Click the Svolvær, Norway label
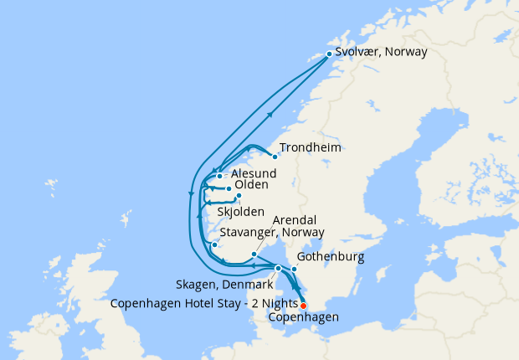[x=381, y=52]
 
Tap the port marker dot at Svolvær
[x=330, y=54]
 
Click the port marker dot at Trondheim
[x=275, y=156]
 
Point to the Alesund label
[x=253, y=172]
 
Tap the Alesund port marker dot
[x=219, y=176]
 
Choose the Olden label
[x=251, y=185]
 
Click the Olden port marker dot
[x=229, y=189]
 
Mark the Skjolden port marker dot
[x=239, y=197]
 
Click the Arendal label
[x=296, y=220]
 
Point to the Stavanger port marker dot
[x=215, y=245]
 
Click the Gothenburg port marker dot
[x=294, y=269]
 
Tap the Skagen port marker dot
[x=278, y=268]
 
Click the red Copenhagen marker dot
[x=303, y=306]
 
